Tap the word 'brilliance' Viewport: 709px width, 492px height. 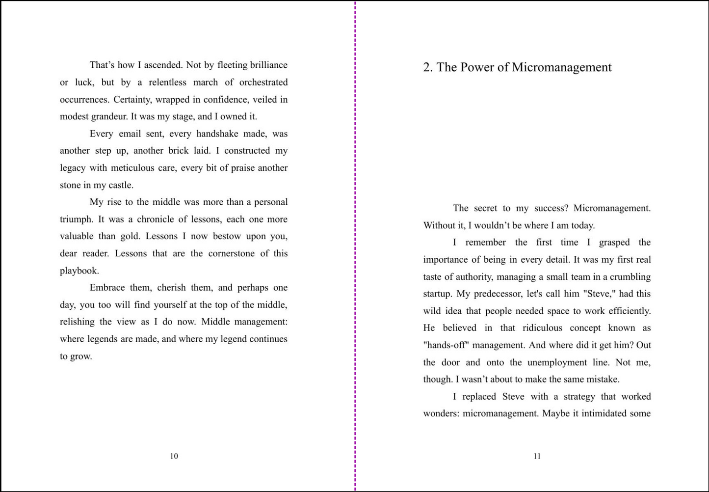[x=268, y=65]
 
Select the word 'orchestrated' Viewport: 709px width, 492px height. [x=263, y=82]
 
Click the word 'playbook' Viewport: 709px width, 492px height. [x=79, y=271]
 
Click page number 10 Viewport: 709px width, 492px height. [x=174, y=456]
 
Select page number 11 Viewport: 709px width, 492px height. [x=537, y=456]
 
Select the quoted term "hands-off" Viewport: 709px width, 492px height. [x=446, y=345]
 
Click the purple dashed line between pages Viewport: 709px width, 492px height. [x=355, y=246]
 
